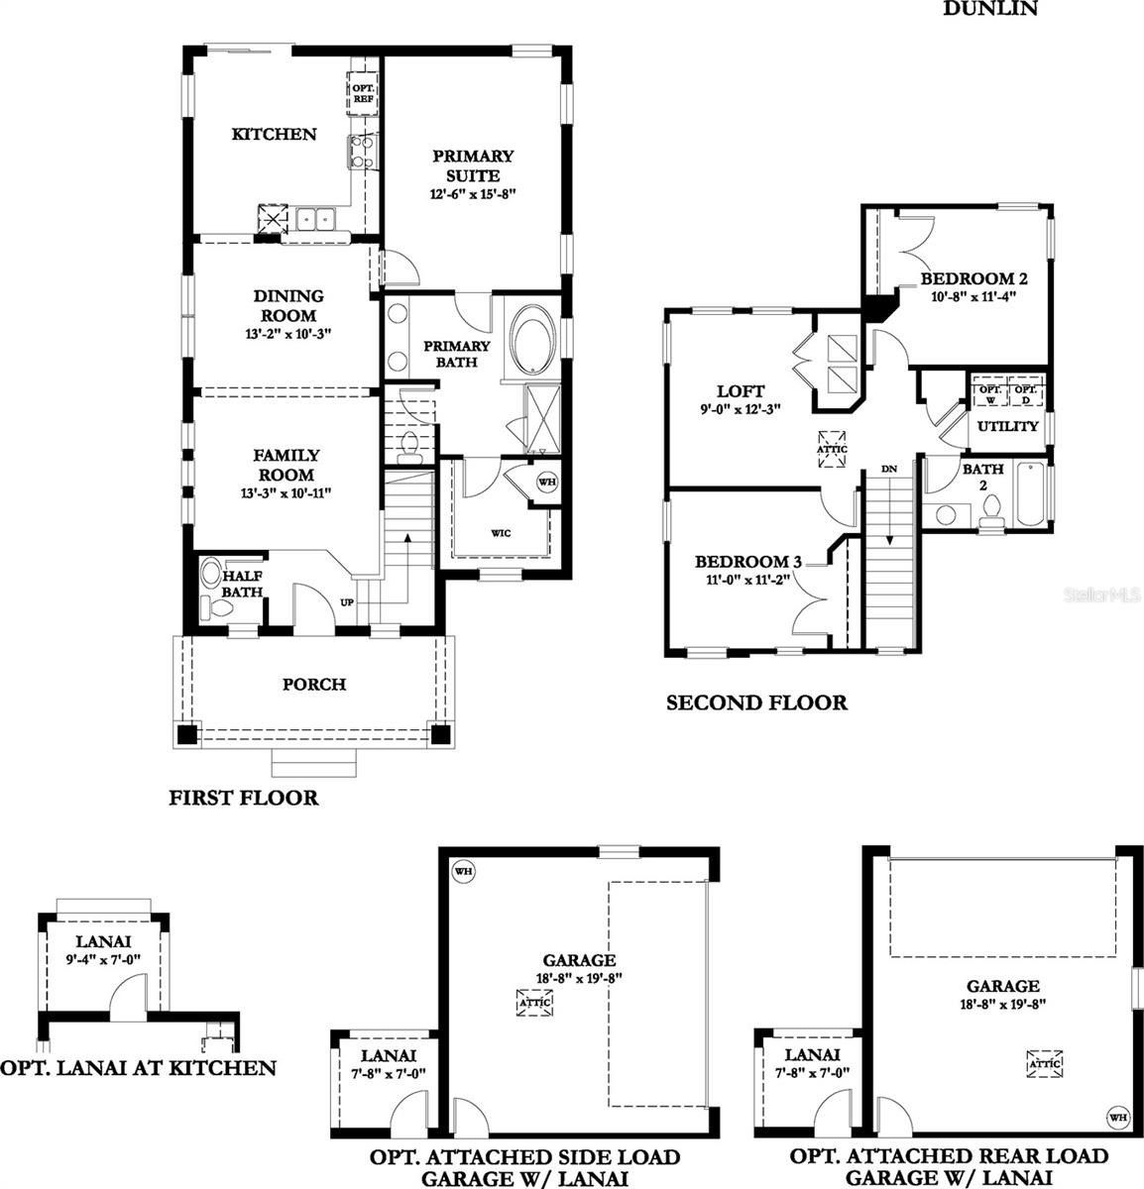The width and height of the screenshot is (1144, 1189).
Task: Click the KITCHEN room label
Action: [x=274, y=135]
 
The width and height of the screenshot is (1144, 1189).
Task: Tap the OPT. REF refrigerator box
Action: [x=361, y=94]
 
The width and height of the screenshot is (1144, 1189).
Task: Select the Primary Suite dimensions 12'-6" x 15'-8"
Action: [x=473, y=195]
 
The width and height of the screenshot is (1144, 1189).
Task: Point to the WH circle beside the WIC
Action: [x=546, y=483]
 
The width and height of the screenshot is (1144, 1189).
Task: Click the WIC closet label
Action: [x=502, y=533]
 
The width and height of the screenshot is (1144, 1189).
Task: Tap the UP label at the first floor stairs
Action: [x=347, y=602]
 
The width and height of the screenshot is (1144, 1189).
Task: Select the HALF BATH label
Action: [x=241, y=584]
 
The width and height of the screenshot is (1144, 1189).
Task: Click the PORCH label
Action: [x=314, y=685]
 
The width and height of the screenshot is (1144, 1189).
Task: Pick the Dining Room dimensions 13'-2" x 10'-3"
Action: [x=287, y=335]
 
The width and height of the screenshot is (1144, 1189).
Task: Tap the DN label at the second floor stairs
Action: [x=889, y=469]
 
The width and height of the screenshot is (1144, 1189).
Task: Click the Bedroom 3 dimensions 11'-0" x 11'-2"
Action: [x=747, y=582]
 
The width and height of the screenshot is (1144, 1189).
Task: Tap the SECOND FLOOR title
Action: [x=756, y=703]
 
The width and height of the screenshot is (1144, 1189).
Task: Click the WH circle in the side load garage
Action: [x=462, y=871]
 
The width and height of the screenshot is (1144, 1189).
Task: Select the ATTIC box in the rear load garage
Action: [x=1045, y=1063]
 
